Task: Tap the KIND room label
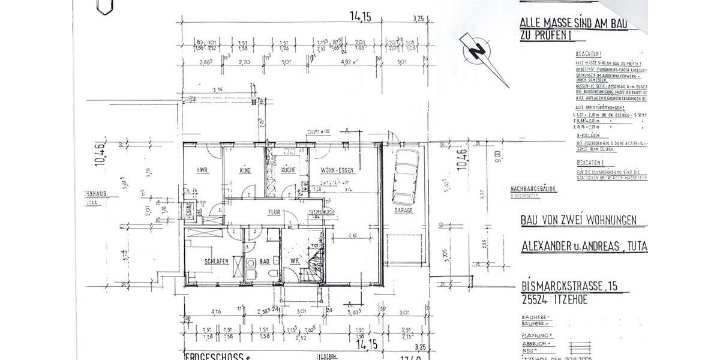click(245, 171)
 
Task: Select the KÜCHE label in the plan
click(289, 171)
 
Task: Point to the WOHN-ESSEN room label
click(337, 170)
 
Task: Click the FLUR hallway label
click(275, 212)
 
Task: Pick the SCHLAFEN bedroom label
click(217, 261)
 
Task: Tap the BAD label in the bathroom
click(265, 261)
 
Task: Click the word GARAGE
click(403, 212)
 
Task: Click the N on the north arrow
click(477, 52)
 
